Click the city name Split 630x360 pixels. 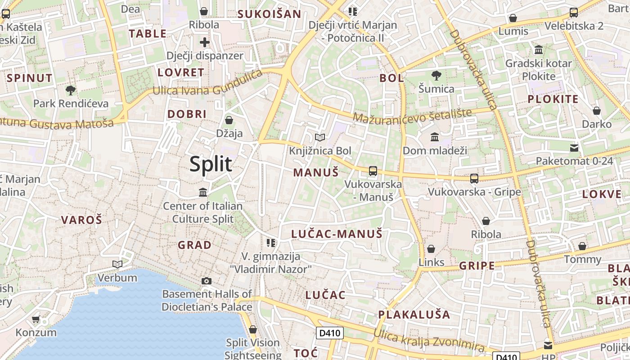211,164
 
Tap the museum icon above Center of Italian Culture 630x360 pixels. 203,193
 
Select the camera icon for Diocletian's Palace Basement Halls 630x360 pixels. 207,281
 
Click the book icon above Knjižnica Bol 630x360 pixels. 319,137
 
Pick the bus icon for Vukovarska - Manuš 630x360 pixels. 373,171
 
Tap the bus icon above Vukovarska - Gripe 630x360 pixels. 474,179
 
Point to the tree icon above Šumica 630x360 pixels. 436,76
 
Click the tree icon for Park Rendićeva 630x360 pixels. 70,90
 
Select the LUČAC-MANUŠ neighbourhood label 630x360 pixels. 337,234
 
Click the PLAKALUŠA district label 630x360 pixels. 414,315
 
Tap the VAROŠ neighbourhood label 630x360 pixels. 81,220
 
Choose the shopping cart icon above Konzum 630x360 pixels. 36,319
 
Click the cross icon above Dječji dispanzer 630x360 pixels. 205,43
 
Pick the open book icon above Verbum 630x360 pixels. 117,264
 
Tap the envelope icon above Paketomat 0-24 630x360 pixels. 574,148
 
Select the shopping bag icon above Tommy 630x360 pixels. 582,246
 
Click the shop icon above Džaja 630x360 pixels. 229,120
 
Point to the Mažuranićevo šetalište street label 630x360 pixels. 412,116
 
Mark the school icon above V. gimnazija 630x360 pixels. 270,243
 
